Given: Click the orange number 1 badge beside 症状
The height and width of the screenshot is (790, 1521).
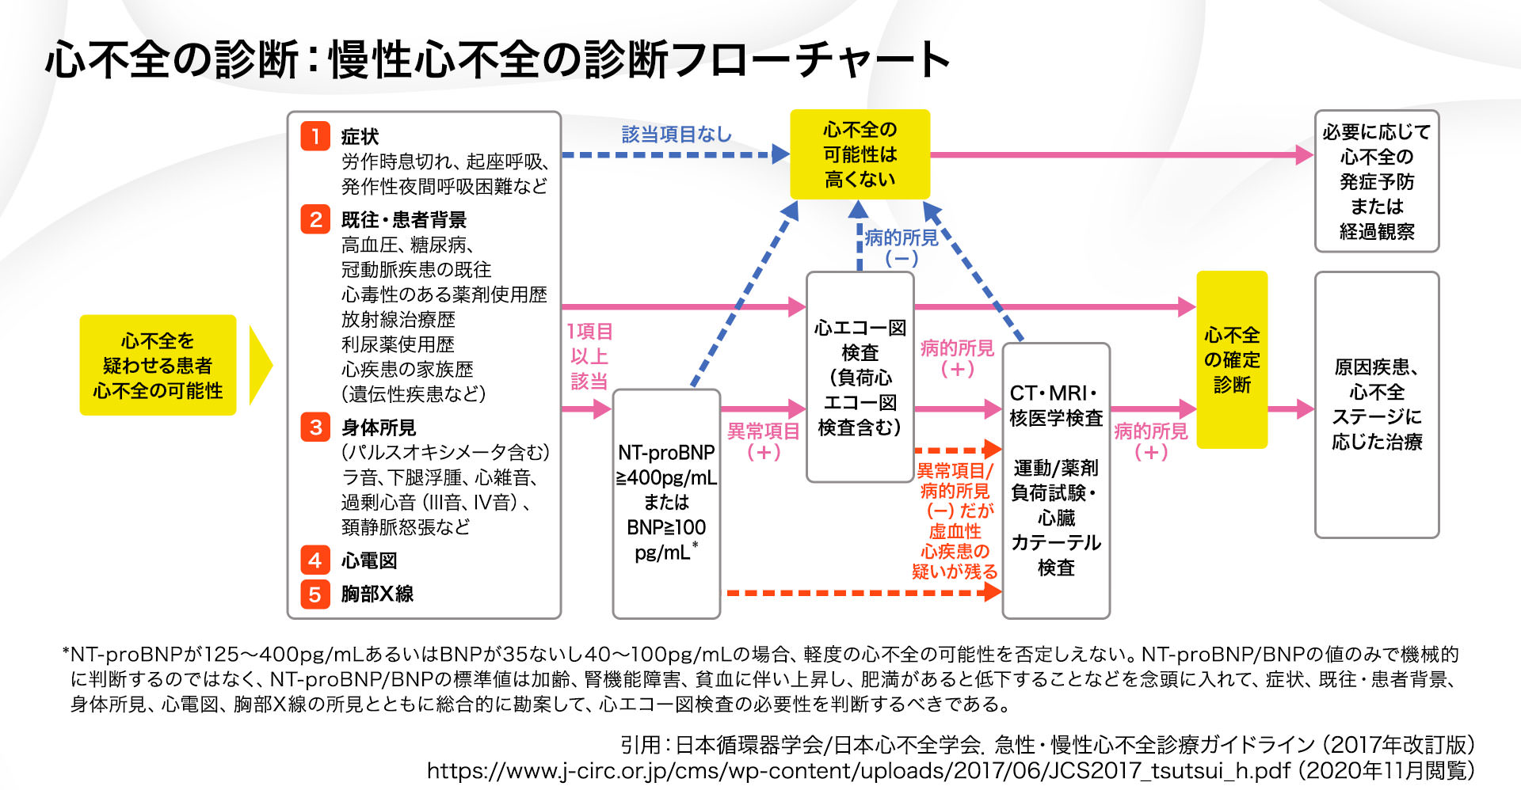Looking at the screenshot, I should tap(314, 136).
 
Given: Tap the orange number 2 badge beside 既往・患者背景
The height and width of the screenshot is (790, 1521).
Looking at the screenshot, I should tap(314, 219).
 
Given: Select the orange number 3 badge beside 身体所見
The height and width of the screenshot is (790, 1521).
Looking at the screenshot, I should tap(314, 427).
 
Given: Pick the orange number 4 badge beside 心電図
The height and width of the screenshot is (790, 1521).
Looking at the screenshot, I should tap(314, 560).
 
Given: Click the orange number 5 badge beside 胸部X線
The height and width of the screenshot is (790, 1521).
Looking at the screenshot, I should tap(314, 594).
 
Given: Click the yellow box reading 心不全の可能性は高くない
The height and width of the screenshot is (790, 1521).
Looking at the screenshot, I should tap(860, 154).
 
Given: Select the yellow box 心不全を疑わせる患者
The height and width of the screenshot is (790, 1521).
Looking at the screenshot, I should tap(158, 365).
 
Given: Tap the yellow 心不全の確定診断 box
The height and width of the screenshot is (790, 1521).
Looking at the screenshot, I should tap(1232, 360).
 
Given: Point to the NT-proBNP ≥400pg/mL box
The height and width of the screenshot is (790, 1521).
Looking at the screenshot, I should tap(666, 503).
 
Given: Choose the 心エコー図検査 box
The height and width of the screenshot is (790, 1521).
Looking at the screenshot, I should tap(860, 377).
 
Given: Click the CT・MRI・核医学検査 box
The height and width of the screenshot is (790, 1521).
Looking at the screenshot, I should tap(1056, 480).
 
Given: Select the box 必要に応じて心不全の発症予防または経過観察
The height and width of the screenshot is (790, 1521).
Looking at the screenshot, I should tap(1377, 181).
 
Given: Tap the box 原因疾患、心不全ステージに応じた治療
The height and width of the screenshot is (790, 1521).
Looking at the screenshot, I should tap(1377, 404).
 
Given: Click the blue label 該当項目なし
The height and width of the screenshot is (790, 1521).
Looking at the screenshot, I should tap(677, 135).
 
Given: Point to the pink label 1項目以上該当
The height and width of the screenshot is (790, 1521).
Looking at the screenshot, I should tap(589, 356).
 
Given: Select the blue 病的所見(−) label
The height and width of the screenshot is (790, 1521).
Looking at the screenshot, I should tap(902, 248).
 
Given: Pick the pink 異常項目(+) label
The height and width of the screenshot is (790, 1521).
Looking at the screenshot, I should tap(764, 441).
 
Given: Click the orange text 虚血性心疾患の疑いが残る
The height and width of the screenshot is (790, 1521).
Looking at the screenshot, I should tap(955, 551).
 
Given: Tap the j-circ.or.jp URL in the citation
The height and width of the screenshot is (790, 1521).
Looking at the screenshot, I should tap(859, 770).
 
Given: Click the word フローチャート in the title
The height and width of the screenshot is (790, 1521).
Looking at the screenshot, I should tap(808, 59).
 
